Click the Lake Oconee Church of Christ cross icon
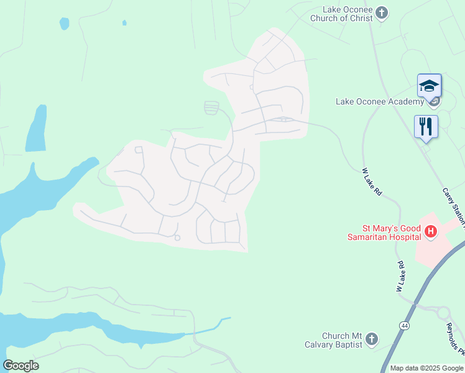[x=382, y=12]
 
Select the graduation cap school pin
[x=429, y=86]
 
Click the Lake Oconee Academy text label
[x=379, y=101]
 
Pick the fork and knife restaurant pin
[x=426, y=127]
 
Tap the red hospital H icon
[x=430, y=233]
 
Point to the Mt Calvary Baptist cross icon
[x=372, y=339]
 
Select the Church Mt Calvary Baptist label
[x=334, y=340]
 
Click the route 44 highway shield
[x=405, y=325]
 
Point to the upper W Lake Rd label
[x=372, y=182]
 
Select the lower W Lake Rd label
[x=402, y=277]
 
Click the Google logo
[x=21, y=366]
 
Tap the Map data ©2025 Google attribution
[x=426, y=368]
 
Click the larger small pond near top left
[x=64, y=24]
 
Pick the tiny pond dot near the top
[x=124, y=23]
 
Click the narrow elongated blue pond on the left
[x=37, y=128]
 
